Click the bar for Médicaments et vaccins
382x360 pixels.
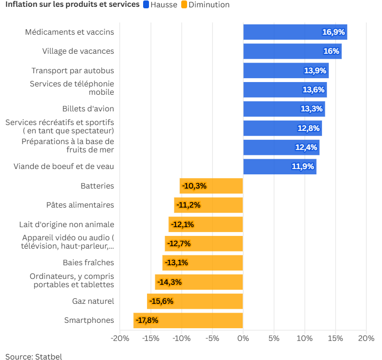(x=295, y=32)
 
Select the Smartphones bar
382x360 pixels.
(x=188, y=320)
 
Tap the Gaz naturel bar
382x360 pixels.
(x=195, y=301)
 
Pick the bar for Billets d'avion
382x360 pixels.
(x=284, y=109)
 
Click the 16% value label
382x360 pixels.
(x=331, y=51)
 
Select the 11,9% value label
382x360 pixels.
(x=303, y=167)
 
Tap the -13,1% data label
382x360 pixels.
(x=176, y=263)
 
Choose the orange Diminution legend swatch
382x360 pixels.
(x=184, y=5)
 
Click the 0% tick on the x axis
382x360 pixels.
(x=243, y=339)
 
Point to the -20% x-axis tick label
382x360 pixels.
(x=120, y=339)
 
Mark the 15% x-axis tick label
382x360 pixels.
(x=336, y=339)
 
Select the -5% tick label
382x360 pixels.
(x=212, y=339)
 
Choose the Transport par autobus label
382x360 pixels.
(x=73, y=71)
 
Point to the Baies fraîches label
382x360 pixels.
(x=88, y=263)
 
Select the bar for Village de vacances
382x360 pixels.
(x=292, y=51)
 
